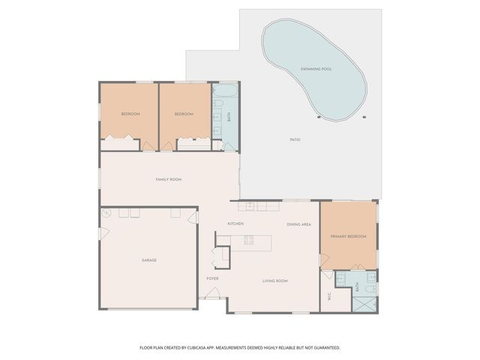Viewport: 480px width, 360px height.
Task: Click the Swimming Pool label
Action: (x=316, y=69)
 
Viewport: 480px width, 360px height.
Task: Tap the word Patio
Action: (x=295, y=140)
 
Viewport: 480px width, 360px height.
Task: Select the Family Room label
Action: (x=169, y=180)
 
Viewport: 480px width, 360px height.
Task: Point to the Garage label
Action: (x=149, y=260)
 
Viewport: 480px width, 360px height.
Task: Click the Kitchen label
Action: (x=235, y=224)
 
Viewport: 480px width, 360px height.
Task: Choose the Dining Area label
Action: (x=298, y=224)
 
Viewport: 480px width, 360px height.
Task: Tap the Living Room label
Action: (x=275, y=281)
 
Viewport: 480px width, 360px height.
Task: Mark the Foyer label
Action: (x=212, y=279)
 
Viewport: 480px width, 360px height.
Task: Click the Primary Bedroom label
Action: (x=349, y=236)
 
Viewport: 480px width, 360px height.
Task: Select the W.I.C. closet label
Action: (x=329, y=296)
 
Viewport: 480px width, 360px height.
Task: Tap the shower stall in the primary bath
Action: (x=366, y=304)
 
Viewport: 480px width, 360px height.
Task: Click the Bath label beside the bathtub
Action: (x=229, y=117)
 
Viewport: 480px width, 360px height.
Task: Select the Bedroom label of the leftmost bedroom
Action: (x=130, y=114)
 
